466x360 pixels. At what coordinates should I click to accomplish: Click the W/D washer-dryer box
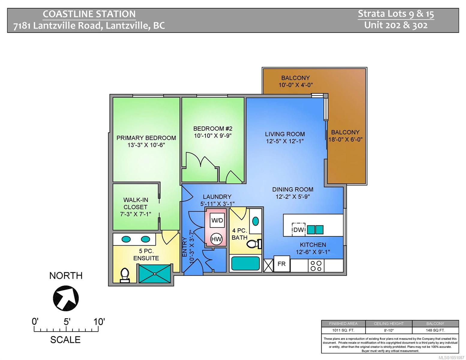(x=217, y=220)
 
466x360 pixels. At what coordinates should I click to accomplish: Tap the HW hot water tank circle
(x=217, y=239)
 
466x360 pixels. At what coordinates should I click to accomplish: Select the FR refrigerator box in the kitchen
(x=281, y=264)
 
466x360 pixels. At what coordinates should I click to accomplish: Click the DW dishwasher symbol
(x=298, y=229)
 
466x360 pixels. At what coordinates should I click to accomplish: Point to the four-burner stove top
(x=316, y=266)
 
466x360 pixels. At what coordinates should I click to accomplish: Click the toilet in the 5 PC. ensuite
(x=125, y=275)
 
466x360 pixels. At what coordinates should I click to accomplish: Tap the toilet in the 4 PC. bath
(x=254, y=244)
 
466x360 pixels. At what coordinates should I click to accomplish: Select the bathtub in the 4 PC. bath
(x=245, y=263)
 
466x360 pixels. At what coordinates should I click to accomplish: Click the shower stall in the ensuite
(x=155, y=274)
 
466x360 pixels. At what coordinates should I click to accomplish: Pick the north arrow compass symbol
(x=66, y=298)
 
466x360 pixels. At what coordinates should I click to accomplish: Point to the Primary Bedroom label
(x=146, y=138)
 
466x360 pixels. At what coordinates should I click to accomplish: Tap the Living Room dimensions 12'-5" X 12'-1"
(x=285, y=141)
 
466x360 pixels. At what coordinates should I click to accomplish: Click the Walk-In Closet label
(x=136, y=203)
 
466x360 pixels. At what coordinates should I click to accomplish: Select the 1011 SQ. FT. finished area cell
(x=343, y=330)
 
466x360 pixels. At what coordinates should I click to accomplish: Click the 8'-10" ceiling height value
(x=389, y=330)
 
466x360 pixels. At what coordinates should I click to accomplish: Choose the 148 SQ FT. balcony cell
(x=435, y=330)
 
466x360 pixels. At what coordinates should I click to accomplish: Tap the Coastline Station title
(x=89, y=14)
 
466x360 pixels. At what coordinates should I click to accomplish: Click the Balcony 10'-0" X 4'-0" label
(x=296, y=81)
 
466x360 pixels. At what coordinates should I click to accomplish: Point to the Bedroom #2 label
(x=213, y=128)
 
